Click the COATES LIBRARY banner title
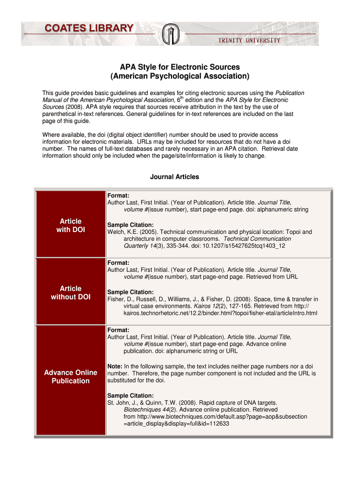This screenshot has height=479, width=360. pos(89,29)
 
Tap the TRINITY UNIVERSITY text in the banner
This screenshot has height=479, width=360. pos(249,40)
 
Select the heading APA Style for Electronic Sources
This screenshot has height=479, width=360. pos(180,67)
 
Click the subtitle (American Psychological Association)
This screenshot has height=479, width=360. pos(180,76)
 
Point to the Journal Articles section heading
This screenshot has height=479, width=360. pos(174,177)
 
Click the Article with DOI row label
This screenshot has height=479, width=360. pos(71,225)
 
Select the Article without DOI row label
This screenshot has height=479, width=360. pos(71,293)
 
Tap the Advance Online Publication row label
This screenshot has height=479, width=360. pos(71,377)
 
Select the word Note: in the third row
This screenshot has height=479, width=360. pos(115,366)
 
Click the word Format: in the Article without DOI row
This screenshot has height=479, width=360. pos(118,263)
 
